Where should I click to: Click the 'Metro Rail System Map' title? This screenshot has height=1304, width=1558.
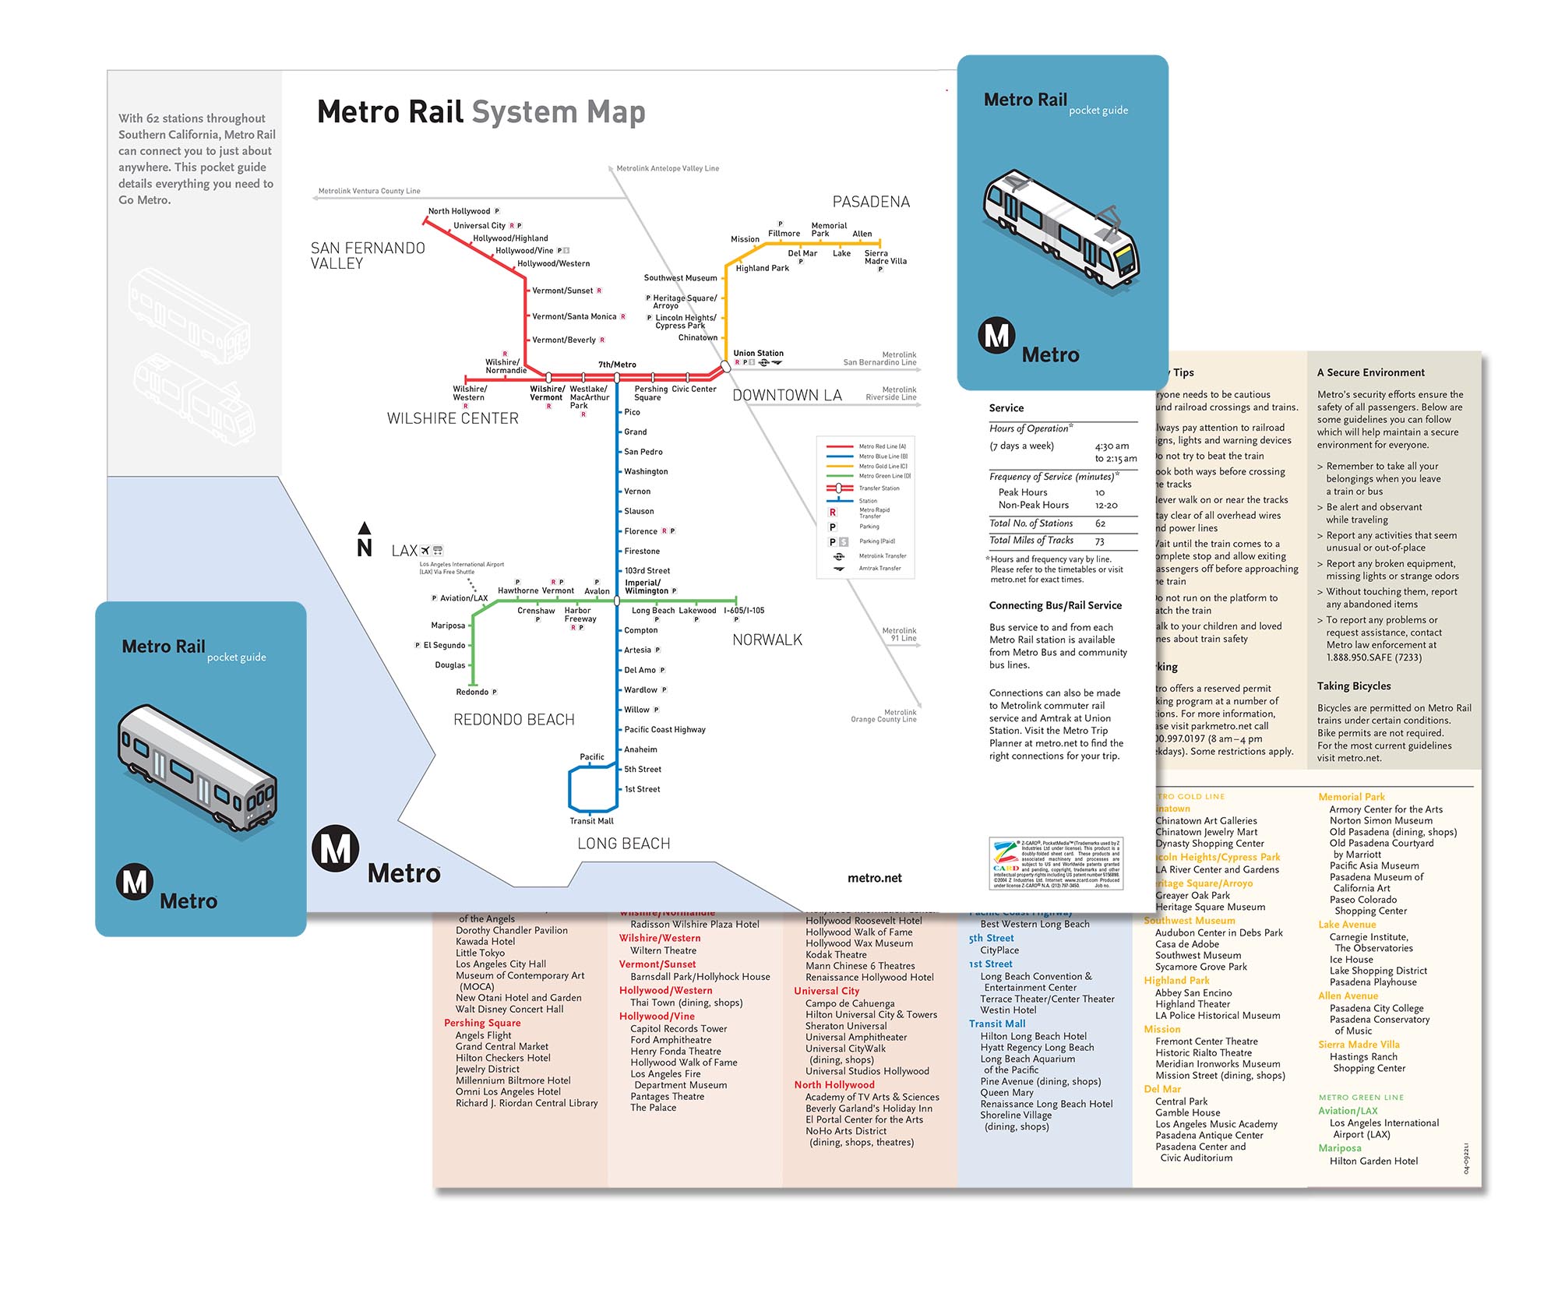(481, 112)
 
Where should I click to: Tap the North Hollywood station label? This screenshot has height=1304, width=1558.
(459, 211)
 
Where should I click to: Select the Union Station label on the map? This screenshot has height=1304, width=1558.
(758, 353)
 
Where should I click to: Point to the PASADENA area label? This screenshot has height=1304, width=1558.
(871, 202)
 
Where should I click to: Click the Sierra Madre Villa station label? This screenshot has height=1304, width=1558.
(885, 257)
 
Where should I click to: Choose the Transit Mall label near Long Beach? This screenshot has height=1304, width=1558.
(591, 821)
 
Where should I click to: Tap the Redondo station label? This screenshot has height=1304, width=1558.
(472, 692)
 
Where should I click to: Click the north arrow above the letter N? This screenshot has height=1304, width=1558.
(364, 528)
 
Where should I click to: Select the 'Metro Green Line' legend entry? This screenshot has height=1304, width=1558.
(884, 476)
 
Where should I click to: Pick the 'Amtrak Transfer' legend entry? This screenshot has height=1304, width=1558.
(879, 569)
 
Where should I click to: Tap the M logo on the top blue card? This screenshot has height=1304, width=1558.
(996, 336)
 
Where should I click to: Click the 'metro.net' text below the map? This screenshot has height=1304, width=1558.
(874, 878)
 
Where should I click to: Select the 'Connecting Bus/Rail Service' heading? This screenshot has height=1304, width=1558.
(1055, 605)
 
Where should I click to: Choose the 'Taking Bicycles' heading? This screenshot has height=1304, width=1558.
(1353, 685)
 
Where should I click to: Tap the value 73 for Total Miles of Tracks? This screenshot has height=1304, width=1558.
(1100, 541)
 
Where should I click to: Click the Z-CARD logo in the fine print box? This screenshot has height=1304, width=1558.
(1005, 862)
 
